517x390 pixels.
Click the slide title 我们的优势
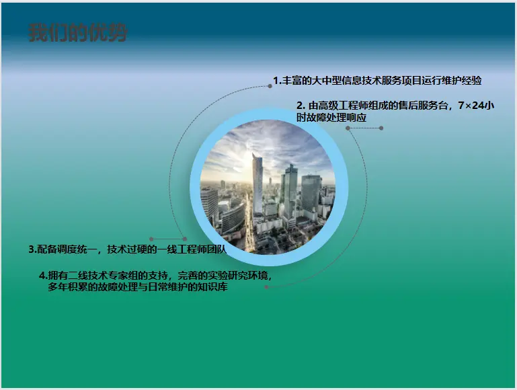click(78, 33)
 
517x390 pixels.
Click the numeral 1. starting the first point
click(277, 81)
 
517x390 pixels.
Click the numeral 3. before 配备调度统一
click(32, 249)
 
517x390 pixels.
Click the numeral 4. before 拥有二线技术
click(43, 275)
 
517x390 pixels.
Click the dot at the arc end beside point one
click(270, 86)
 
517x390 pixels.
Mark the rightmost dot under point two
click(381, 128)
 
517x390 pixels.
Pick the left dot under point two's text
click(348, 128)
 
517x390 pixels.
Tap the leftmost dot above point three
click(151, 239)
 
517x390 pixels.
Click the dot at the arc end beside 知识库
click(266, 287)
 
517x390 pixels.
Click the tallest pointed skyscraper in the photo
click(257, 185)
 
